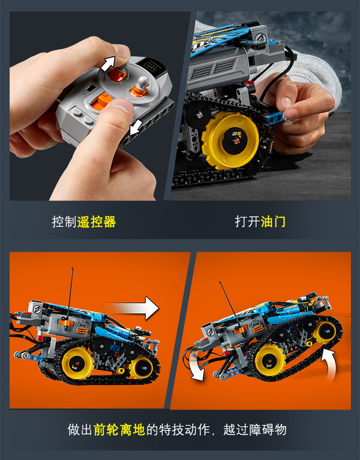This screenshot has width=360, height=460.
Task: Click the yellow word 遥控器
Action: [97, 222]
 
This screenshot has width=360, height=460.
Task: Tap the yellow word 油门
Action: [272, 221]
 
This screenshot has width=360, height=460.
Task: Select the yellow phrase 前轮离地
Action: [119, 430]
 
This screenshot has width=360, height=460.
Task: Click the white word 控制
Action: [65, 222]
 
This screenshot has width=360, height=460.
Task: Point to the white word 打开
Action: [247, 221]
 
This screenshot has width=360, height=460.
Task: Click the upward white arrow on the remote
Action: [107, 64]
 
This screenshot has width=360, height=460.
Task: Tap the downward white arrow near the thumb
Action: [135, 127]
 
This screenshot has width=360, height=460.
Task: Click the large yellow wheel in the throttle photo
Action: [230, 140]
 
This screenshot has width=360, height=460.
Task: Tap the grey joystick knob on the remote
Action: [143, 81]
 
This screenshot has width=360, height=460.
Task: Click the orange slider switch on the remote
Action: [101, 101]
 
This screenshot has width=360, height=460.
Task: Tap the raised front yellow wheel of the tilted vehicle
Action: [324, 332]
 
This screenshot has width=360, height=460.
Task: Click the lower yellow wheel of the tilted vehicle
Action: [270, 360]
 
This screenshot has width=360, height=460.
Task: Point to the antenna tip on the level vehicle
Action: [72, 268]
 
